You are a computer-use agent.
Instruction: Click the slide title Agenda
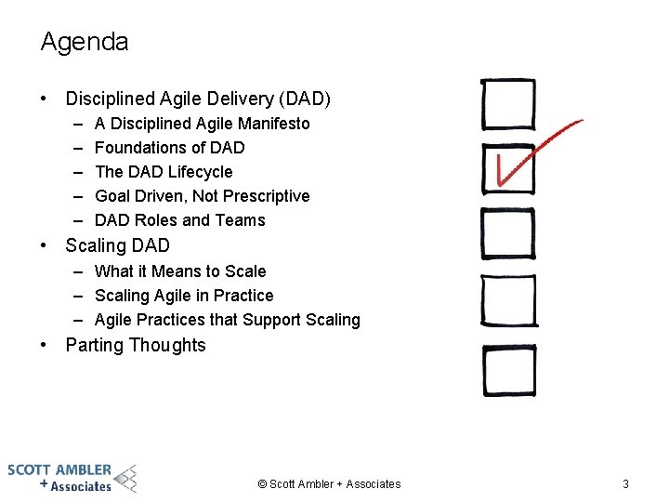85,42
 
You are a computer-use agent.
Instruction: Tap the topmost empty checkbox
507,104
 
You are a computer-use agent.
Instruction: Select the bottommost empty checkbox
508,369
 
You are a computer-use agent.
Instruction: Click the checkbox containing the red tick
507,169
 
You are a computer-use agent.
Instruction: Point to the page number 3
625,483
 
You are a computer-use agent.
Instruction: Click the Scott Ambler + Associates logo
72,477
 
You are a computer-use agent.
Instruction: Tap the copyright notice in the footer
329,483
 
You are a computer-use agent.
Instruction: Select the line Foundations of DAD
169,148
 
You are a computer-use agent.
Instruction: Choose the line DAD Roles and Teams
179,220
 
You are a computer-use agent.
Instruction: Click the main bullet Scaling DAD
117,246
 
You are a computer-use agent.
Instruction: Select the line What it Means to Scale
180,271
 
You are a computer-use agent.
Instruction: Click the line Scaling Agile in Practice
184,296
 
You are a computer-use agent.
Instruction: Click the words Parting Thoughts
136,346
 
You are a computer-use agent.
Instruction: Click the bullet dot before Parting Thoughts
45,346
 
